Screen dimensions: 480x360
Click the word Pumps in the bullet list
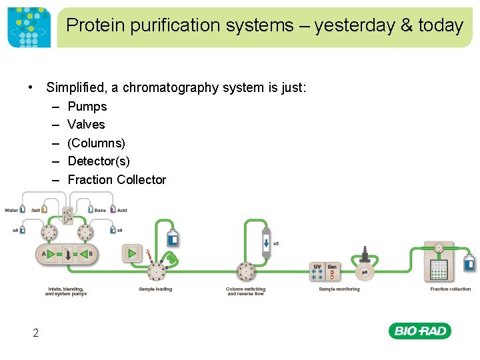point(87,106)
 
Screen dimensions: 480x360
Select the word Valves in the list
point(86,124)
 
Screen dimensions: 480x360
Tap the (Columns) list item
point(96,143)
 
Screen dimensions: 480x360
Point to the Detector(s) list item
point(99,161)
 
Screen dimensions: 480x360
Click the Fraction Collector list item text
point(117,179)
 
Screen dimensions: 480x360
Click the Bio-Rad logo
point(419,331)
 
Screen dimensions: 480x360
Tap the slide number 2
point(35,333)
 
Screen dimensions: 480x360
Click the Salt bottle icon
point(44,210)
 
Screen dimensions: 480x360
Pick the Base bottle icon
point(90,210)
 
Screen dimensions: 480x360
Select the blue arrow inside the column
point(266,241)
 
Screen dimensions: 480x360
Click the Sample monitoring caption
point(339,289)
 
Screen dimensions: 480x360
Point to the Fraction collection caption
point(450,289)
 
